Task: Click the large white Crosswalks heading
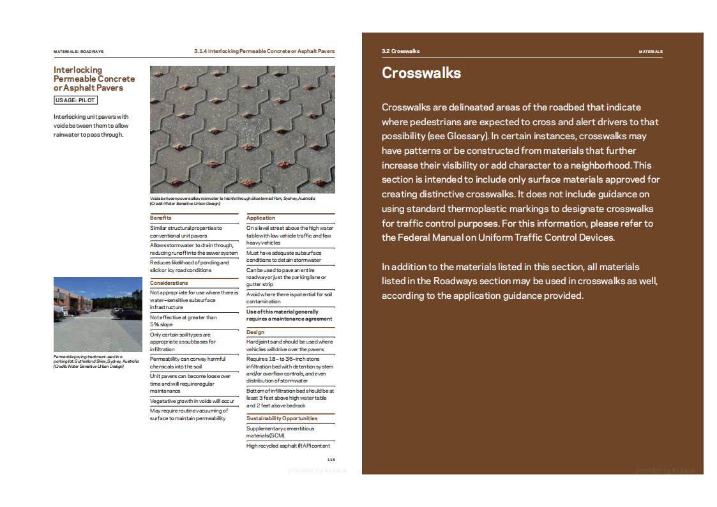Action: pos(421,73)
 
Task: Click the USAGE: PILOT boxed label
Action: pos(75,100)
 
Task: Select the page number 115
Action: pos(331,460)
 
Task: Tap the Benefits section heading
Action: pos(161,218)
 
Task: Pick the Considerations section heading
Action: pos(169,283)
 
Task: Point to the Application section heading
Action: pos(260,218)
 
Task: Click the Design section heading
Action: pos(255,332)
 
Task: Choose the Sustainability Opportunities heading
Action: pos(282,418)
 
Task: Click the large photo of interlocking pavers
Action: pos(242,130)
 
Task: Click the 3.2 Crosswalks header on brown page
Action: pos(400,52)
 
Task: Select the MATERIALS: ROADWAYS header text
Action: pos(79,52)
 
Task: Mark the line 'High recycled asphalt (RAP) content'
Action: pos(288,446)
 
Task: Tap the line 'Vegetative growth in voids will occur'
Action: pos(192,401)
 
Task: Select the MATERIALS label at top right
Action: pos(651,52)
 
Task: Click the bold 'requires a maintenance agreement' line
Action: pos(289,319)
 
